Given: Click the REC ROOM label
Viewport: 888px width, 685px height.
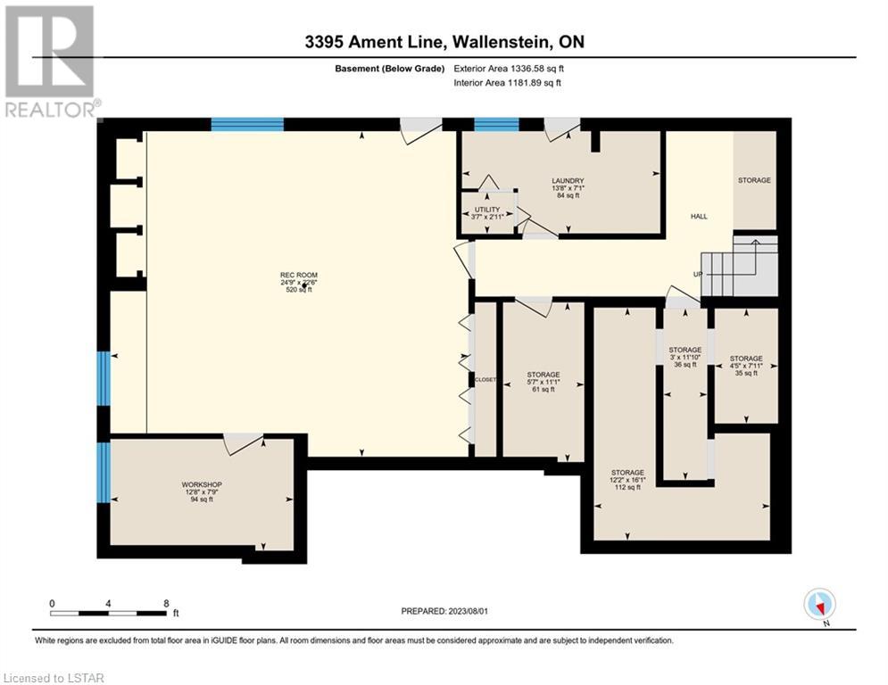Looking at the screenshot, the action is [299, 275].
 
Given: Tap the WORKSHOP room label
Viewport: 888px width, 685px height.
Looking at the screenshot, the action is [202, 484].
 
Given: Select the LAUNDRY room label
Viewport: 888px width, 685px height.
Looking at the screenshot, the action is [568, 180].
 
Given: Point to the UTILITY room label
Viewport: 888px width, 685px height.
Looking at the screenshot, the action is [487, 210].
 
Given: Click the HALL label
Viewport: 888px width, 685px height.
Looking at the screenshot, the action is [699, 216].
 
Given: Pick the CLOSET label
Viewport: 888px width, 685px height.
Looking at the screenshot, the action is [485, 379].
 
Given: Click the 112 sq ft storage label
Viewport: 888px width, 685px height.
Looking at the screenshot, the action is [627, 472].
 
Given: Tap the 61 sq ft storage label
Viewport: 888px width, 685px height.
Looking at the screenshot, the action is [544, 375].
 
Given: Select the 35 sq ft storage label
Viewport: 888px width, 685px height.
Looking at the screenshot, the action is [746, 359].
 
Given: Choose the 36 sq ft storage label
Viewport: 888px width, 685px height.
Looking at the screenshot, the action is [685, 350].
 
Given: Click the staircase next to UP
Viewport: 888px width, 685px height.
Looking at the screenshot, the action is [740, 266].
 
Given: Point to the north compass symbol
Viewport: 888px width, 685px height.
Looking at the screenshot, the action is [819, 605].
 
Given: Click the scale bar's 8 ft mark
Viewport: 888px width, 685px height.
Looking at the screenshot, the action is [166, 604].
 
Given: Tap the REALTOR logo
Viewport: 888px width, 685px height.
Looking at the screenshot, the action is [50, 62].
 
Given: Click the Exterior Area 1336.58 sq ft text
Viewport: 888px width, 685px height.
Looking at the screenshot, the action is [509, 69].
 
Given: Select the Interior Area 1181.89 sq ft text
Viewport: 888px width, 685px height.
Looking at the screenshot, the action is [508, 83].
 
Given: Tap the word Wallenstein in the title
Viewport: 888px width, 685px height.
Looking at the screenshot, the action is [502, 42].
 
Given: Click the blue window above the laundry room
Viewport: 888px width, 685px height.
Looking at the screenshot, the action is [496, 125].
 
